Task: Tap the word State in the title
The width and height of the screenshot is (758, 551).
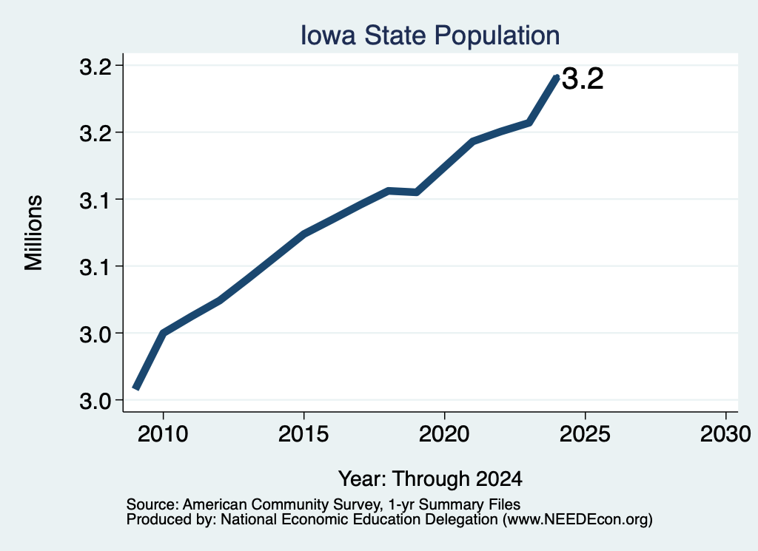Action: point(395,36)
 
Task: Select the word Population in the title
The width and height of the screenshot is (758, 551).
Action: point(497,36)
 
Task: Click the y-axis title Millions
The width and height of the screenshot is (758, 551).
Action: point(34,232)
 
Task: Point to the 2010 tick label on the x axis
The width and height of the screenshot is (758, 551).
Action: point(163,434)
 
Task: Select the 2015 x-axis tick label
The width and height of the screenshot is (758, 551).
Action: point(303,434)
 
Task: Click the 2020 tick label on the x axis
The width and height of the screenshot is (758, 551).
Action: point(444,434)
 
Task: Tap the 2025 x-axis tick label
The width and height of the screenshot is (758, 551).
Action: point(585,434)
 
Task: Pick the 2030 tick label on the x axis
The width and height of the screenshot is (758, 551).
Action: point(725,434)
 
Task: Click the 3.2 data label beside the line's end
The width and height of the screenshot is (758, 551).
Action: point(583,78)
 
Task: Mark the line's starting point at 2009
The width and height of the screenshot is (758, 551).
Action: point(136,388)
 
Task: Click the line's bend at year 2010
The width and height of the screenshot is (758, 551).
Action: point(164,333)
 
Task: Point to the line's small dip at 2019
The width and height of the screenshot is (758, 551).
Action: point(416,192)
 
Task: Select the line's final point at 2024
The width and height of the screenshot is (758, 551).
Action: point(557,77)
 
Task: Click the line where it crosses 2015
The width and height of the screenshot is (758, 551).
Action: point(303,234)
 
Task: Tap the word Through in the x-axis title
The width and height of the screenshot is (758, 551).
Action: point(430,479)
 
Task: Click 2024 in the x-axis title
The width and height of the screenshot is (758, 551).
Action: point(499,479)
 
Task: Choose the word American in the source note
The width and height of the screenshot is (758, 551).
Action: point(215,504)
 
